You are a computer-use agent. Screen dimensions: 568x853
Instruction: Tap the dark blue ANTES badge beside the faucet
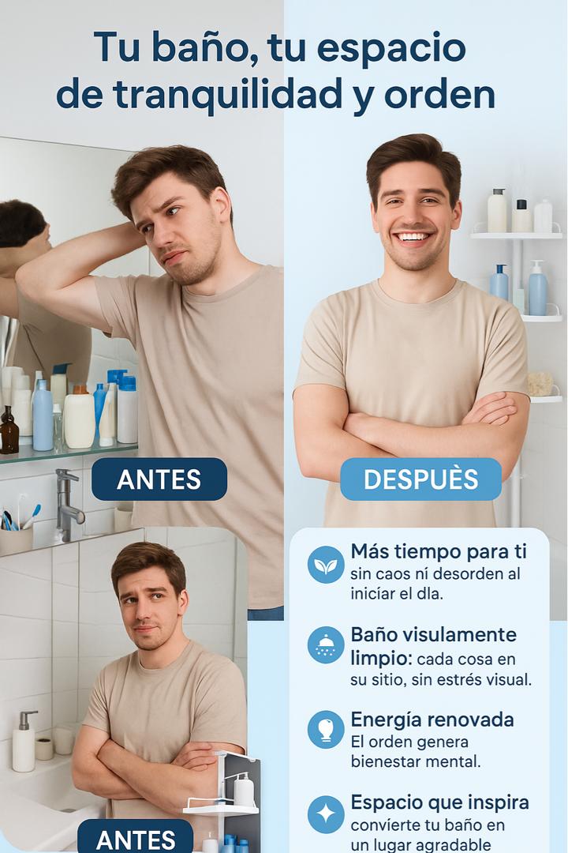tap(159, 479)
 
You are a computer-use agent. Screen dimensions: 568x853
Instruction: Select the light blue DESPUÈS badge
tap(420, 479)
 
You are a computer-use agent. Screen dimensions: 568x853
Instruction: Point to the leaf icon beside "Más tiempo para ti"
tap(326, 566)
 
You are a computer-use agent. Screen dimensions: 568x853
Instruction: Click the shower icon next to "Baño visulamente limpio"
tap(326, 645)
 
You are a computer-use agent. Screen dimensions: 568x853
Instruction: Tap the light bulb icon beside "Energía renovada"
tap(326, 730)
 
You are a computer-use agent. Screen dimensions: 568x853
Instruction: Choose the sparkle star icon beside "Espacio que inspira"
tap(326, 814)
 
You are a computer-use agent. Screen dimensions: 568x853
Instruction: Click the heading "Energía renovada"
tap(432, 720)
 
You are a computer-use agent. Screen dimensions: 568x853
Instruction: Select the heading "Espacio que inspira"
tap(439, 803)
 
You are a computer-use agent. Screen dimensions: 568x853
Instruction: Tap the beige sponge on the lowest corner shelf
tap(540, 384)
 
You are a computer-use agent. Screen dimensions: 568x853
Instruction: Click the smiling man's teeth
tap(413, 237)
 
